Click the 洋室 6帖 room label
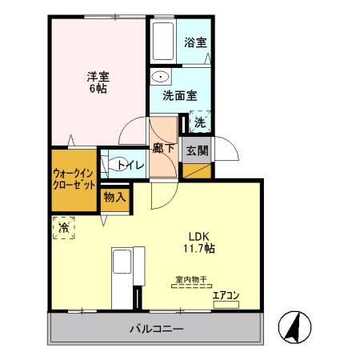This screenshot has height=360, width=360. pos(98,82)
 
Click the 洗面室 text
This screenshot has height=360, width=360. pos(178,96)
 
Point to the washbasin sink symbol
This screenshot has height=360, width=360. pos(162,78)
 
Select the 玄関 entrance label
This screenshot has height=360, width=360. pos(196,150)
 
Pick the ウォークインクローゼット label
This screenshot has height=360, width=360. pos(74,177)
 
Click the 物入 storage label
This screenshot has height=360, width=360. pos(114,197)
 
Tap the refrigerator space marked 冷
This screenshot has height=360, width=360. pos(63,229)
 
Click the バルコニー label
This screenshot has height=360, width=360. pos(157,329)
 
